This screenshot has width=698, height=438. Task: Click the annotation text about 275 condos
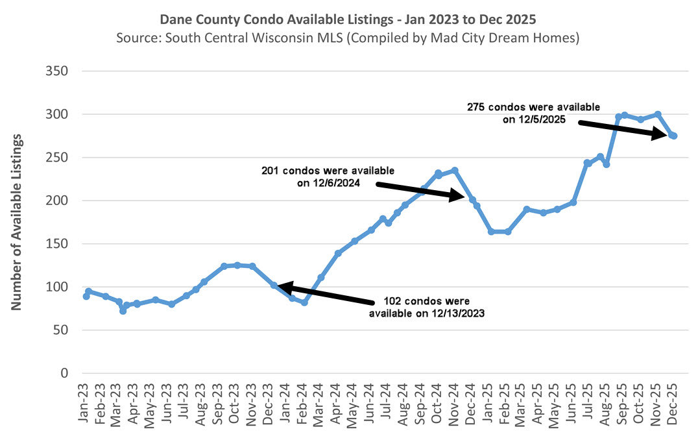(533, 113)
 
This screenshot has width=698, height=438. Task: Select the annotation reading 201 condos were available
(328, 176)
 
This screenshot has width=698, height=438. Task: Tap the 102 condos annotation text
(427, 307)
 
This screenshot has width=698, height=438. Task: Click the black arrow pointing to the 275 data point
(623, 128)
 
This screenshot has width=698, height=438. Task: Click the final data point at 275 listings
(673, 136)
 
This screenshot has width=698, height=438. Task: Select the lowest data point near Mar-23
(123, 311)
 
